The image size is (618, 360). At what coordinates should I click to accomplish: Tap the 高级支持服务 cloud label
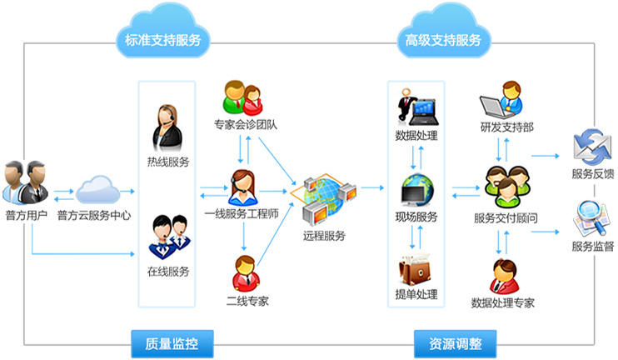[442, 39]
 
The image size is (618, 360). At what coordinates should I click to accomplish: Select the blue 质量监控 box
[173, 342]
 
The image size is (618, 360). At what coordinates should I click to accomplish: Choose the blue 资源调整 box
[455, 342]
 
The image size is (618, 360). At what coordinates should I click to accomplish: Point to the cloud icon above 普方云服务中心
[96, 187]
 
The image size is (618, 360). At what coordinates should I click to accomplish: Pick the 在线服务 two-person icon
[167, 236]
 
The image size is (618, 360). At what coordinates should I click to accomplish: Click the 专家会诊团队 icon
[243, 99]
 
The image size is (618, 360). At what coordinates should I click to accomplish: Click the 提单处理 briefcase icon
[416, 267]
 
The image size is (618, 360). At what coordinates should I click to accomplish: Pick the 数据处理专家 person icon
[502, 275]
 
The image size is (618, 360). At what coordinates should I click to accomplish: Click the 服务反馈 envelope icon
[592, 146]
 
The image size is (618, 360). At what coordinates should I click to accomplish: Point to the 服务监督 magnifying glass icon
[592, 218]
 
